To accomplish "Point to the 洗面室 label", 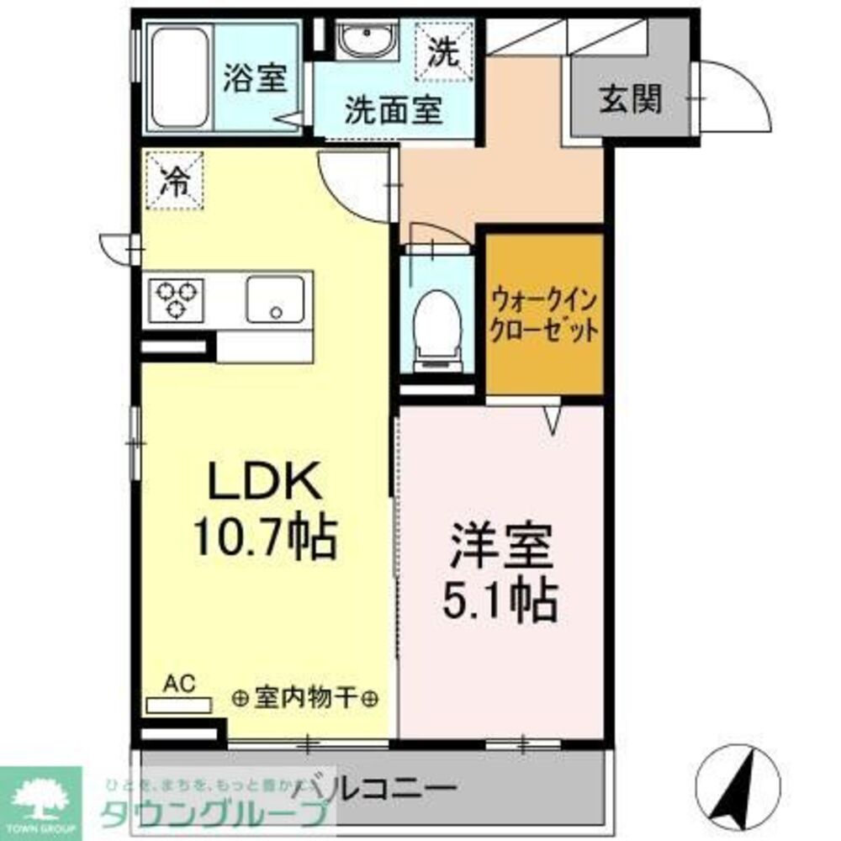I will [394, 109].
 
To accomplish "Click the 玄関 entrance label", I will [630, 99].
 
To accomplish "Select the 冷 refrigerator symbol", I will [174, 179].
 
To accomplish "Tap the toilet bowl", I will [436, 324].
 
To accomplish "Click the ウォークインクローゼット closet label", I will [545, 314].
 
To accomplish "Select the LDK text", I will [263, 484].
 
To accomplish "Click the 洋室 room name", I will [501, 546].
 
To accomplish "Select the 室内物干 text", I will [305, 697].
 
